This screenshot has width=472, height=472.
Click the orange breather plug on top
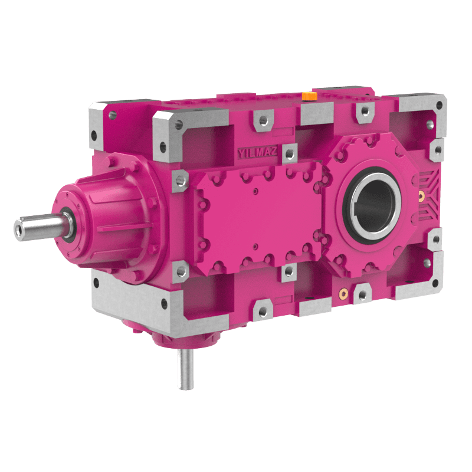[309, 96]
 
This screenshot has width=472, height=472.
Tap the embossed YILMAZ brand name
[257, 152]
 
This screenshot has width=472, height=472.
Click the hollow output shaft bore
[375, 205]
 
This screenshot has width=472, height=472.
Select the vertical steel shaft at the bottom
[186, 369]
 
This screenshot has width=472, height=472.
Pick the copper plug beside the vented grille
[421, 196]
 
